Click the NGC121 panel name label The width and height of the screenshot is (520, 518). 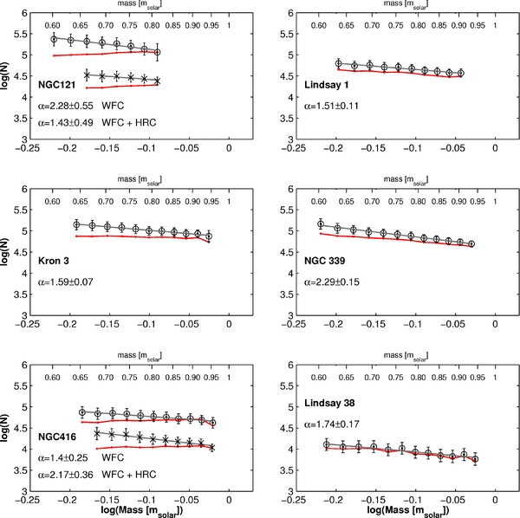58,85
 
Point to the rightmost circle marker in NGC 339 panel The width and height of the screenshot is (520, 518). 471,244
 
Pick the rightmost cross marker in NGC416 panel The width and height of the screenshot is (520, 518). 211,447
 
